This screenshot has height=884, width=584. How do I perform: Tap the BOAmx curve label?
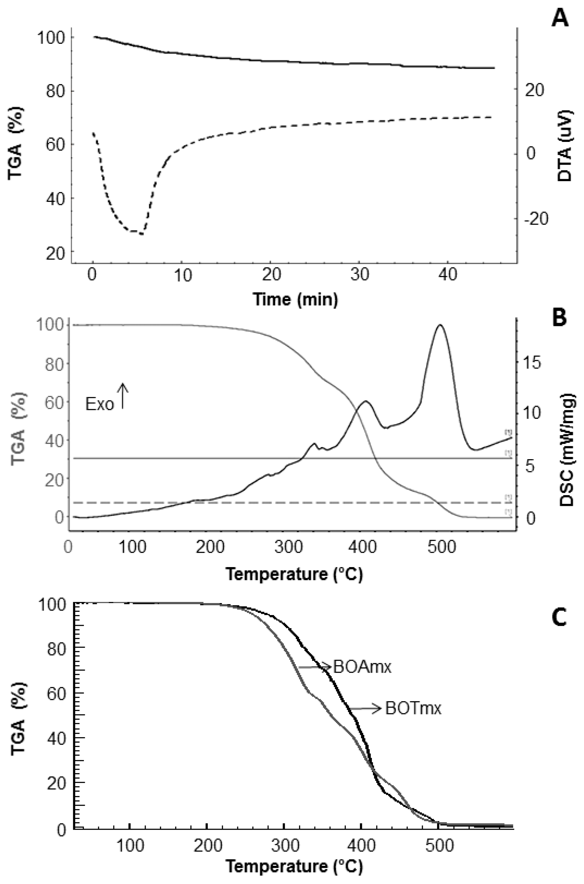click(362, 667)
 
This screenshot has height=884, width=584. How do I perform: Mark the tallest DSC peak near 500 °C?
click(440, 325)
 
